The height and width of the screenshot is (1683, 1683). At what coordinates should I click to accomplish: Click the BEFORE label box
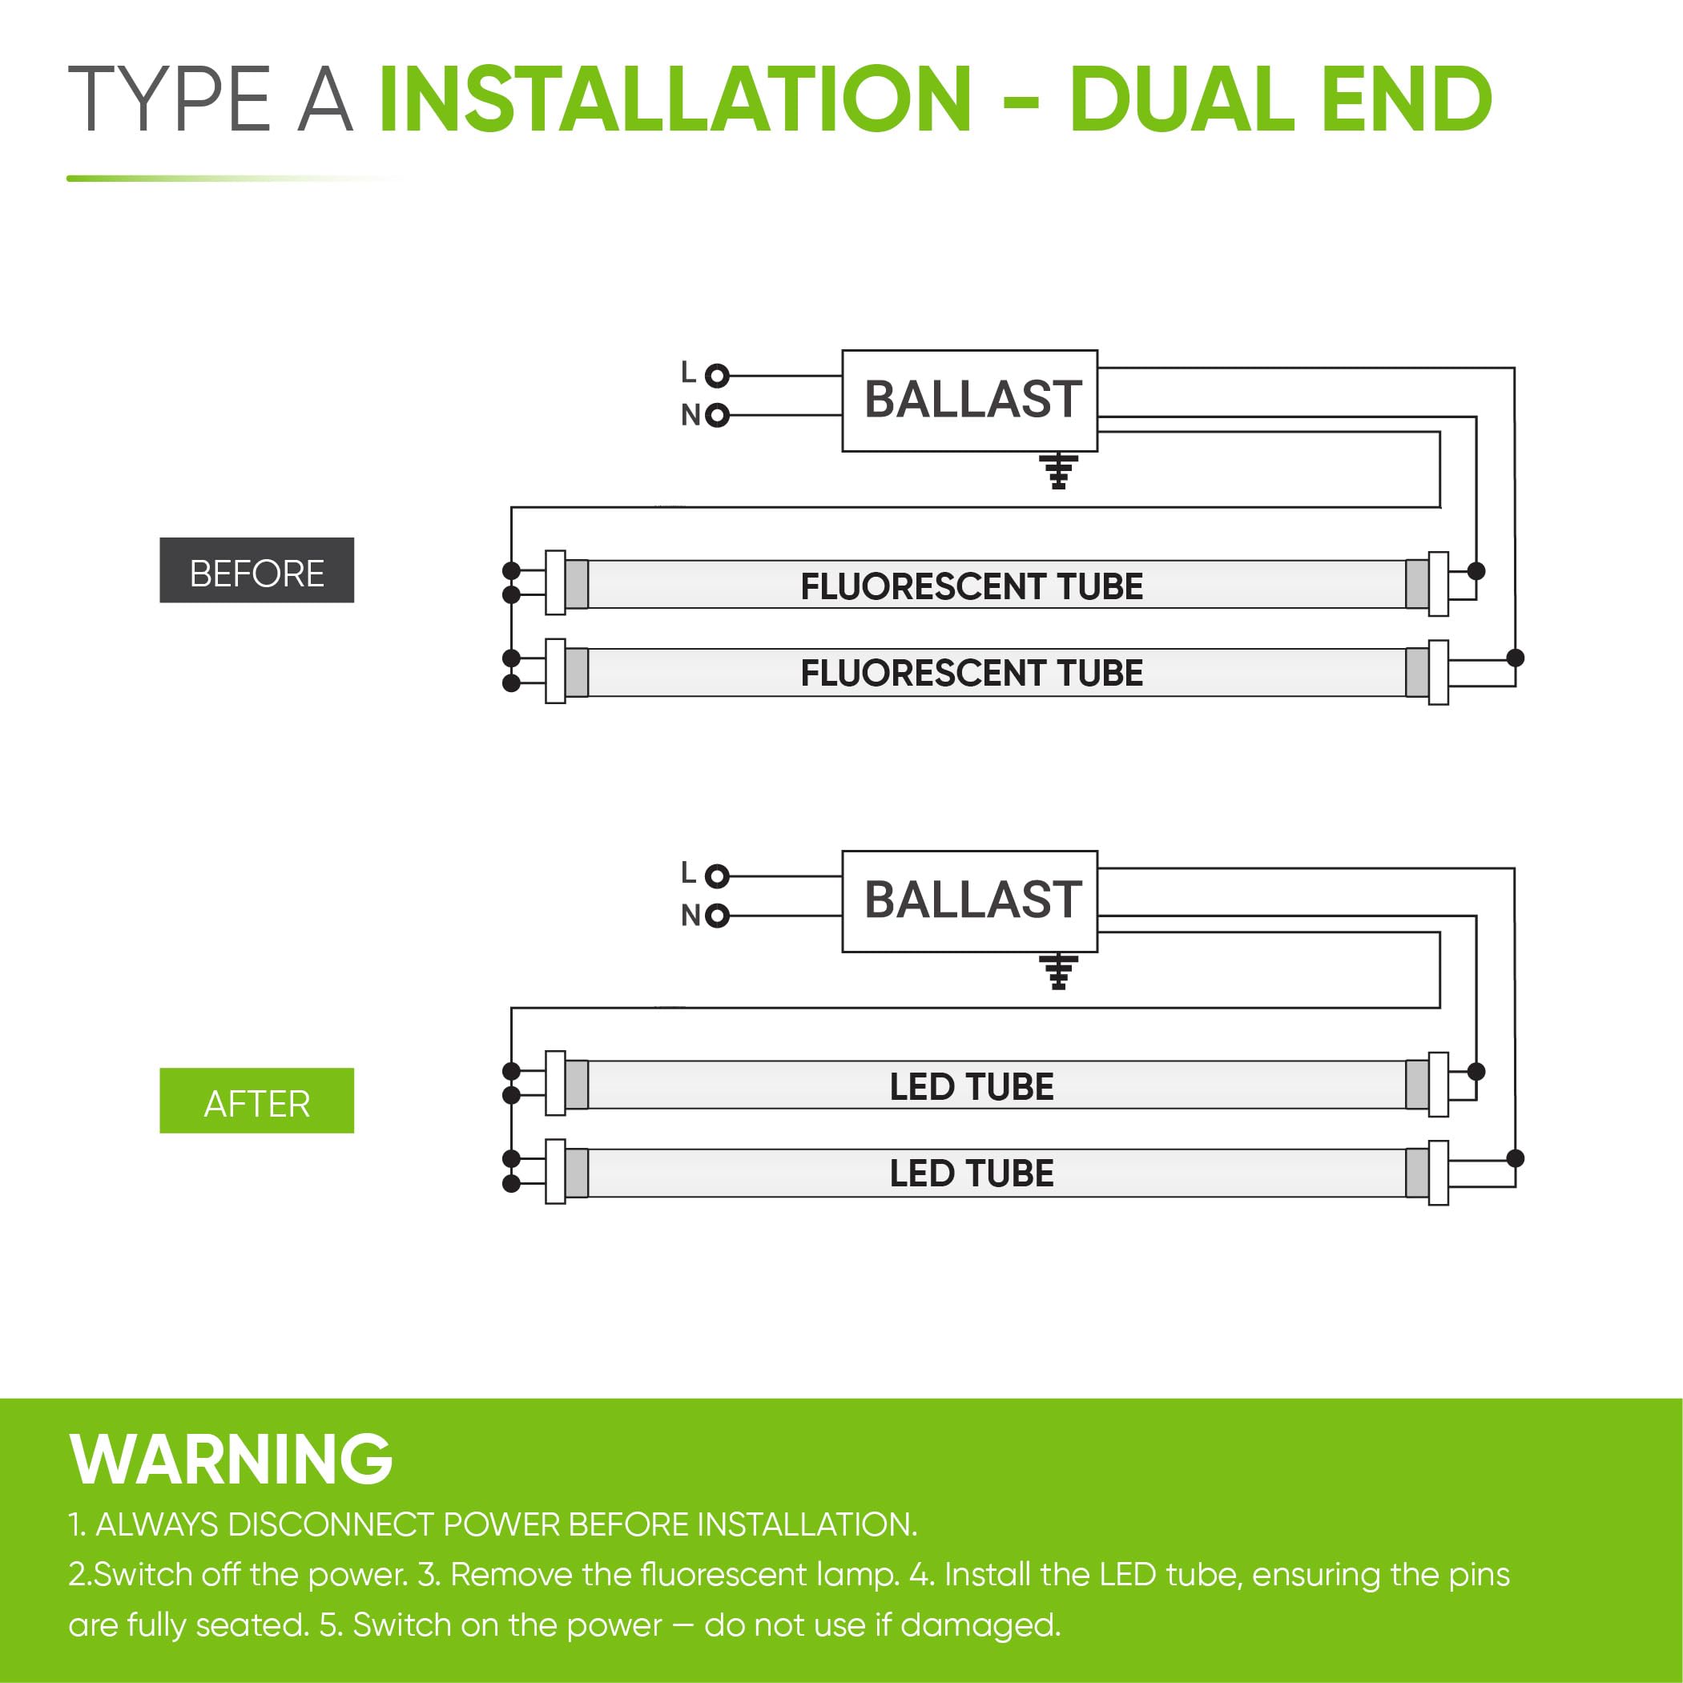point(256,570)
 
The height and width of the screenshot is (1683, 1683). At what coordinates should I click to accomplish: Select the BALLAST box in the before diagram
point(968,401)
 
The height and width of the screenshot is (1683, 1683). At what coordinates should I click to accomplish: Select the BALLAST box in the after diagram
point(968,900)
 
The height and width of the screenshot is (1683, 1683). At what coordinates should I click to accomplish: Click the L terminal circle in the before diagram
point(717,376)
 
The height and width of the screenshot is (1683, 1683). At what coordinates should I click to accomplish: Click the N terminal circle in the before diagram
point(717,415)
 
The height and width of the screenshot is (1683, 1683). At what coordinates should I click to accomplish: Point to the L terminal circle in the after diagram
point(717,876)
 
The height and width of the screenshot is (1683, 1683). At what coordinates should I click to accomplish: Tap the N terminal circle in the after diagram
point(717,916)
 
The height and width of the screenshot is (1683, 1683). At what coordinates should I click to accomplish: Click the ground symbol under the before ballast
point(1058,471)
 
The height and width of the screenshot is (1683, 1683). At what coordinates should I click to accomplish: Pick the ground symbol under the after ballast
point(1058,972)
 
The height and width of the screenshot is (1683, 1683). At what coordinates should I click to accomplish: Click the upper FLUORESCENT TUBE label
point(972,586)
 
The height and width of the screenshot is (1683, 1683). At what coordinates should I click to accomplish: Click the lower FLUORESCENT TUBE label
point(972,674)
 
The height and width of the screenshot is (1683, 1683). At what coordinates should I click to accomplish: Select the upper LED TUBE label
point(972,1086)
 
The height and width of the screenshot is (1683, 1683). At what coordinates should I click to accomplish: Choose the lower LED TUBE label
point(972,1174)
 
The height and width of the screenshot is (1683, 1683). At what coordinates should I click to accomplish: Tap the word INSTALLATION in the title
point(675,100)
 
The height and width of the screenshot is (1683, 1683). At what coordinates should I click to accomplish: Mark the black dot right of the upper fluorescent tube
point(1476,570)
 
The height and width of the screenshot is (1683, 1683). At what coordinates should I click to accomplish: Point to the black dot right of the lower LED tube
point(1516,1158)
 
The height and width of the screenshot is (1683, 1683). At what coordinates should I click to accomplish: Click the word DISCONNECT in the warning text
point(332,1524)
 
